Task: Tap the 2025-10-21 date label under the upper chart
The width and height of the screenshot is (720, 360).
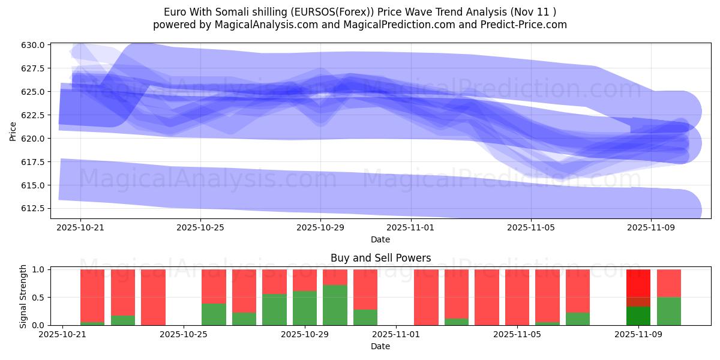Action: coord(80,227)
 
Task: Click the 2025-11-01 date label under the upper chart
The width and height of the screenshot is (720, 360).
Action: coord(410,227)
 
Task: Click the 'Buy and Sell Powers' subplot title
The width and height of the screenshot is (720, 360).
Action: coord(380,258)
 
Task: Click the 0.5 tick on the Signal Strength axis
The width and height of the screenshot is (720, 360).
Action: coord(38,298)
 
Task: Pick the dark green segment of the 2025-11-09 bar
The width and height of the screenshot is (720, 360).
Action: coord(638,316)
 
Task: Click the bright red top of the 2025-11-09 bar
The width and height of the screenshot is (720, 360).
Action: coord(638,283)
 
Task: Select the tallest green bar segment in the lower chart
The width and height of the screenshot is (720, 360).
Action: coord(335,305)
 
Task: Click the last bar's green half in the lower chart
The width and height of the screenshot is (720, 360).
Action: coord(669,311)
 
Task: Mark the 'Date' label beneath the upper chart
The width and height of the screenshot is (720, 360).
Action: coord(380,239)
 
